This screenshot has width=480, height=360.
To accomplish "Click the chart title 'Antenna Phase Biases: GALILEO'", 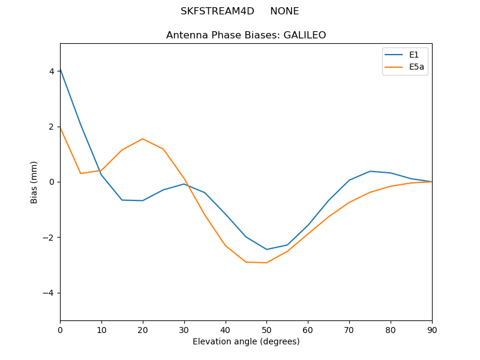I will (x=246, y=35).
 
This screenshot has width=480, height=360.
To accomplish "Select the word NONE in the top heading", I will (x=284, y=11).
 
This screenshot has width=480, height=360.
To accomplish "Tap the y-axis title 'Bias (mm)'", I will (x=34, y=182).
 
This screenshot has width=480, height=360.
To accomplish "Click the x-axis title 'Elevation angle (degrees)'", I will (x=246, y=342).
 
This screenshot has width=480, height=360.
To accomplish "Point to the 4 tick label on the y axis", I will (x=52, y=71).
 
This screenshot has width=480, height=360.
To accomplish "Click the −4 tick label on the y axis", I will (x=49, y=293).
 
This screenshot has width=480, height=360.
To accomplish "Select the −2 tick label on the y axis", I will (x=49, y=238).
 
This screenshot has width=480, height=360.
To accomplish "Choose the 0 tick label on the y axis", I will (x=52, y=182).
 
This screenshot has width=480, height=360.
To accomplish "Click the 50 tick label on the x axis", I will (x=266, y=330).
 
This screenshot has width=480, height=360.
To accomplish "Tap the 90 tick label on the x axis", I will (x=432, y=330).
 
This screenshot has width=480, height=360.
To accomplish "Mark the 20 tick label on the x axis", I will (x=143, y=330).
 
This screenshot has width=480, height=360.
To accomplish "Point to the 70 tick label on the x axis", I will (x=349, y=330).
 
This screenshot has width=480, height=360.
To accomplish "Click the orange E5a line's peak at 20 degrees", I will (x=143, y=139).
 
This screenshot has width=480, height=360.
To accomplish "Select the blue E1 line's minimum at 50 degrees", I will (x=266, y=250).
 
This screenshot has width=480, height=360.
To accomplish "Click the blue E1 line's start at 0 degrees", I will (x=61, y=69).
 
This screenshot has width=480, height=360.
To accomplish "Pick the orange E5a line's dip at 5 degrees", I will (x=81, y=173).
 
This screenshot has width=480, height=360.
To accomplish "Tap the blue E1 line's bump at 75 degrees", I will (x=370, y=171).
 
